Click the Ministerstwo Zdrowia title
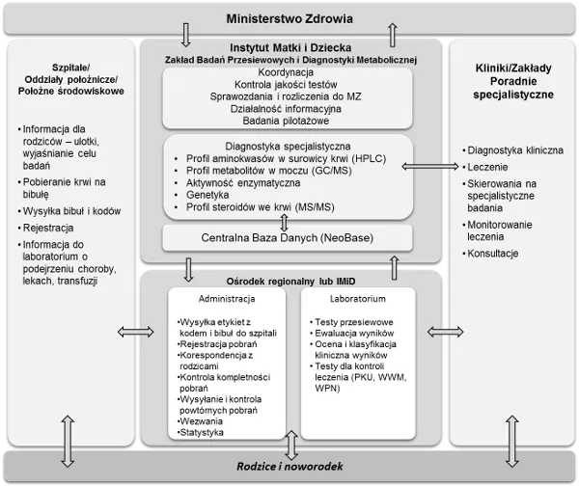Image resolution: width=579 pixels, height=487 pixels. click(289, 18)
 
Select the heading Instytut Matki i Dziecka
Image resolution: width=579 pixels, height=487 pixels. click(289, 46)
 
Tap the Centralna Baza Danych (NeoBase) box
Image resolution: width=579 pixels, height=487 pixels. click(287, 236)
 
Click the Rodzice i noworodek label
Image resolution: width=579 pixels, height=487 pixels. click(289, 467)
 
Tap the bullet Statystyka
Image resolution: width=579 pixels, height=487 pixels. click(202, 433)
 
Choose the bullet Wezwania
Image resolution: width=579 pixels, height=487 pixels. click(200, 420)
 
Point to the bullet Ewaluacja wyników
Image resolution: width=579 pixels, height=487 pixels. click(353, 331)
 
